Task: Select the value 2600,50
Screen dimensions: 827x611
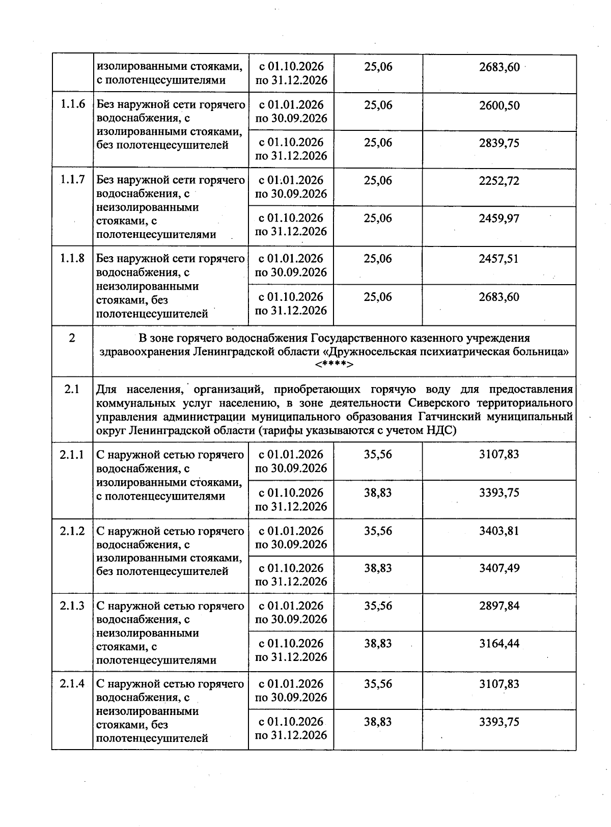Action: click(499, 105)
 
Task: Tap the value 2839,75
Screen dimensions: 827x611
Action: click(499, 143)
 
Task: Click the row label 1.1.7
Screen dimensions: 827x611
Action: click(72, 180)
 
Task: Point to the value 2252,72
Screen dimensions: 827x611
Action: click(499, 181)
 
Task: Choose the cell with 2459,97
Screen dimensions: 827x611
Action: click(499, 218)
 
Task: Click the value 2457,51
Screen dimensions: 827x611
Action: click(499, 259)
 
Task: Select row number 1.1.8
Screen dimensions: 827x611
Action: click(72, 258)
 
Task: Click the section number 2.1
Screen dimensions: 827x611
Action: click(72, 390)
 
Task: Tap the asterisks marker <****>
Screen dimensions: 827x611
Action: click(334, 365)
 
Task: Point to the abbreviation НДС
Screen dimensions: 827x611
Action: click(441, 431)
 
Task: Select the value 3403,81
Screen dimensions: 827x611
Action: click(499, 531)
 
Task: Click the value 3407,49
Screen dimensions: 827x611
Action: click(499, 568)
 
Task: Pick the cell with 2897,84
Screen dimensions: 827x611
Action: click(499, 605)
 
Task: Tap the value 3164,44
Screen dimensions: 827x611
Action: click(499, 643)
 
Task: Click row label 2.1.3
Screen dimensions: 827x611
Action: click(72, 606)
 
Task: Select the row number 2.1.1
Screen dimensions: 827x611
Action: click(72, 454)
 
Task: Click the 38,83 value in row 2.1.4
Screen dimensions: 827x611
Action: click(378, 722)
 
